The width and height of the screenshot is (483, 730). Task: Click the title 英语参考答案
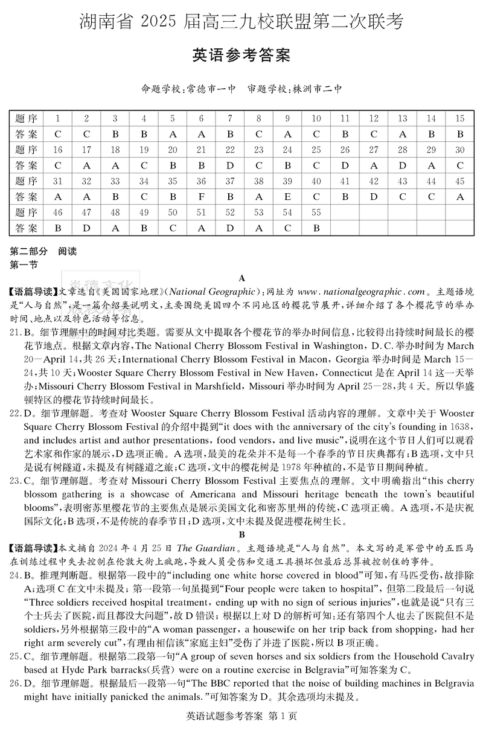tap(241, 56)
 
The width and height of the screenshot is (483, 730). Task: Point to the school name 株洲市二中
tap(318, 89)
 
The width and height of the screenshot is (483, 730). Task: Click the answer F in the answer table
tap(201, 197)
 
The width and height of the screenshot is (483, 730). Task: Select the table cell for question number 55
tap(316, 213)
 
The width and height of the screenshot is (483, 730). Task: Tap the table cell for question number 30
tap(460, 150)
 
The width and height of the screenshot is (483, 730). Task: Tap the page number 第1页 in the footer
tap(284, 717)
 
